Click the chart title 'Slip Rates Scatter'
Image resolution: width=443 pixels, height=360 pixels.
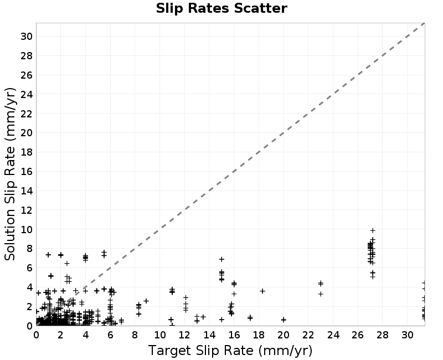pos(221,8)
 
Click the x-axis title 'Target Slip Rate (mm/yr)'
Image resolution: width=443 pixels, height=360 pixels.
pos(230,351)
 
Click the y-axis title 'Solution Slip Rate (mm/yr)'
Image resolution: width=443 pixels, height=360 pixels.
pos(10,174)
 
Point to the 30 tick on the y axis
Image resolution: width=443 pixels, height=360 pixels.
pos(26,37)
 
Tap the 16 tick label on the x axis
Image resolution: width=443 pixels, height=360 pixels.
pos(234,335)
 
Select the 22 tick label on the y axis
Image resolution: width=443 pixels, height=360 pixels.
pos(26,114)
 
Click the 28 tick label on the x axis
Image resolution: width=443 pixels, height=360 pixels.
pos(382,335)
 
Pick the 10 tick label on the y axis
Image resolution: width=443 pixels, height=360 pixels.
pos(26,229)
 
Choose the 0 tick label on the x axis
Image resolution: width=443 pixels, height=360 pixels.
pos(36,335)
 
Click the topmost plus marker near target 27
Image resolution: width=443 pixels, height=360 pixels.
pos(373,230)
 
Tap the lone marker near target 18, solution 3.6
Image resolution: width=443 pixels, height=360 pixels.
pos(262,291)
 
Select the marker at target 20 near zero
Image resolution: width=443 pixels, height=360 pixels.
pos(284,320)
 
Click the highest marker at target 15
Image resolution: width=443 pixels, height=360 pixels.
pos(221,259)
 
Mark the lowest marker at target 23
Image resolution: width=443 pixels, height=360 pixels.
pos(321,294)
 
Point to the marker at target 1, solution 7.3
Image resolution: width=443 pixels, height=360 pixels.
pos(48,255)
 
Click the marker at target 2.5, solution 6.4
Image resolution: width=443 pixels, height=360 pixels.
pos(67,264)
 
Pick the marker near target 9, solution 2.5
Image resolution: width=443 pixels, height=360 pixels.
pos(146,301)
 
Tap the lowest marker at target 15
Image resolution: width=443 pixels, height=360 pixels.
pos(221,320)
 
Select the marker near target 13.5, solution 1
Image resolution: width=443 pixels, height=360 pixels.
pos(203,317)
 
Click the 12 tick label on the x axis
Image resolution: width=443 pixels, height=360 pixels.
pos(184,335)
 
